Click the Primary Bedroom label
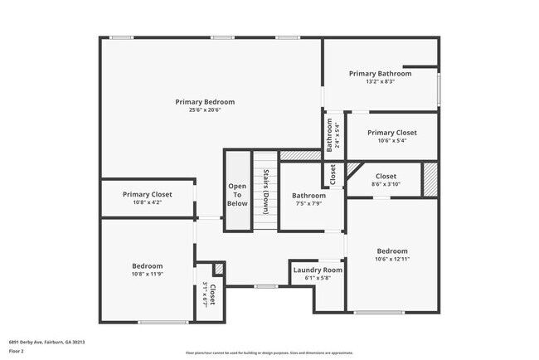205,102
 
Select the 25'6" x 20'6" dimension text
205,110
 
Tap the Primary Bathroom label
380,73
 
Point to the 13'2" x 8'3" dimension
380,81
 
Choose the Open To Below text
237,194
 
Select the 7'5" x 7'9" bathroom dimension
308,203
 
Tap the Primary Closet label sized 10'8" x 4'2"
148,194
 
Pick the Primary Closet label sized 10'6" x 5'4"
392,133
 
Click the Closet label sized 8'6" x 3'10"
386,176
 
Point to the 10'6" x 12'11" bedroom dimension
392,259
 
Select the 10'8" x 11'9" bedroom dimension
148,274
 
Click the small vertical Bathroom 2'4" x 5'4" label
333,134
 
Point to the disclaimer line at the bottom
269,353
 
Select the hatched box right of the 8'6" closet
430,179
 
